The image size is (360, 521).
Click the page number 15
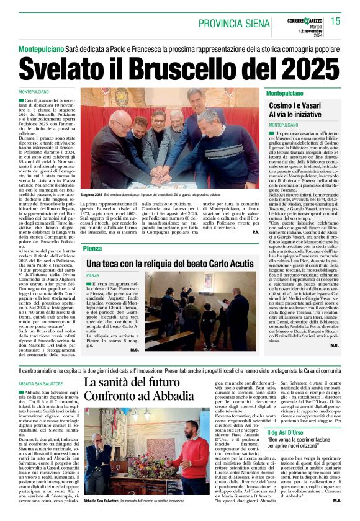click(352, 22)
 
